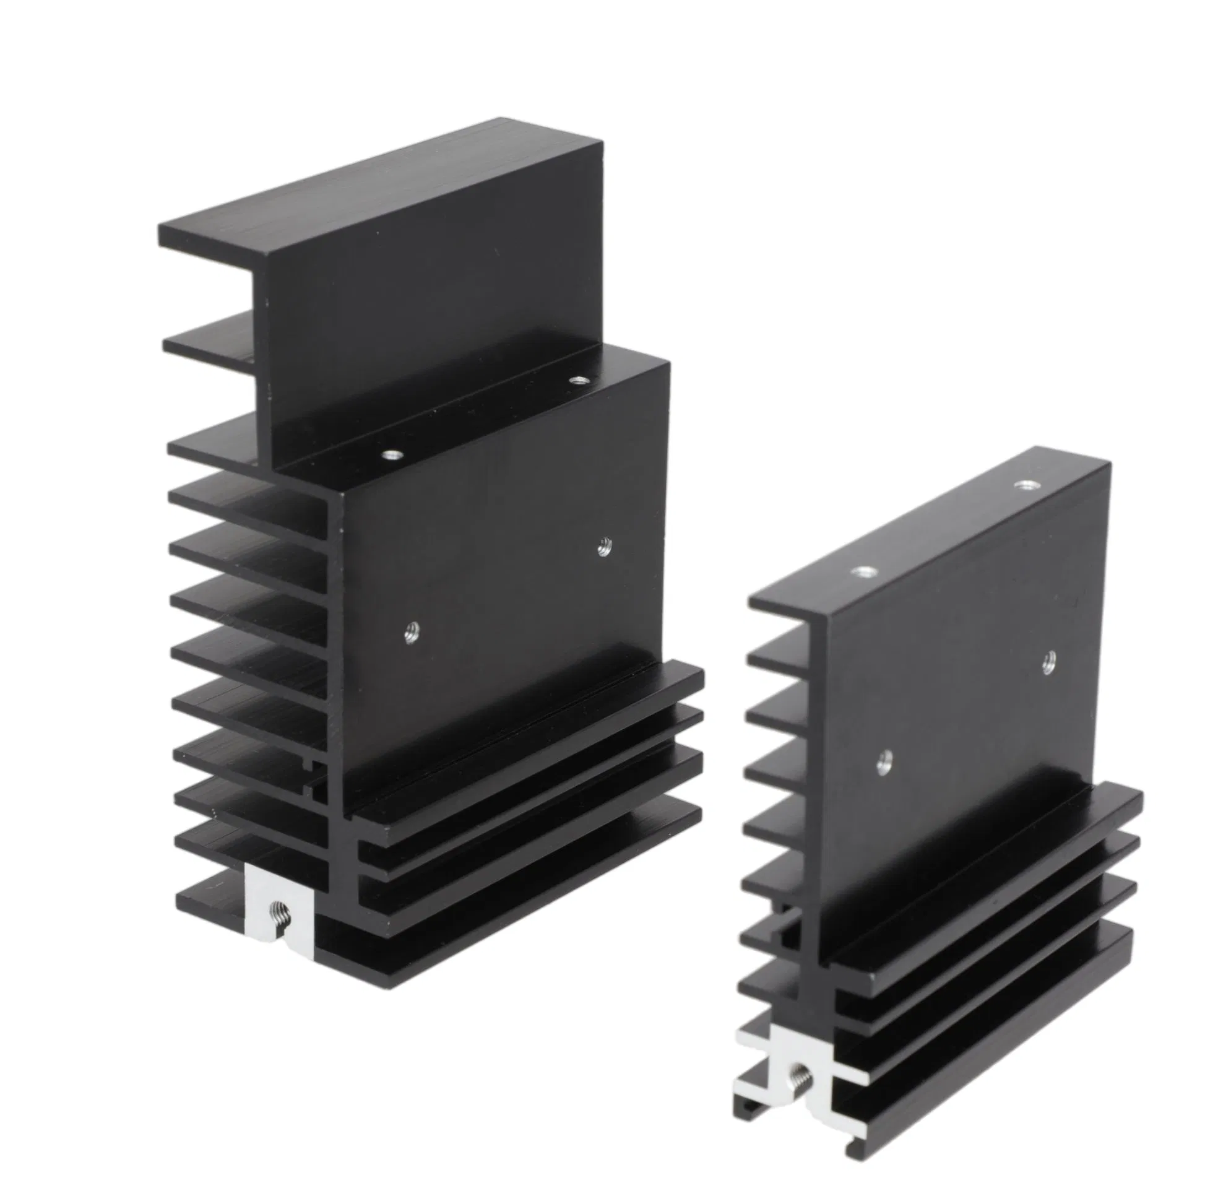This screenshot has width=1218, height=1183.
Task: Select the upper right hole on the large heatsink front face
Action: pos(603,547)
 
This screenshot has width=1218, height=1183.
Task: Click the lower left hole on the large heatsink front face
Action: pos(411,632)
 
